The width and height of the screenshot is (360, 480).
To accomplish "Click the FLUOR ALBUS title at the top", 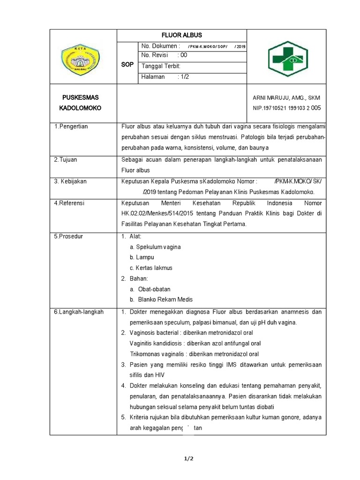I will point(181,36).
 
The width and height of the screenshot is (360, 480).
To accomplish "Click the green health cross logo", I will point(286,57).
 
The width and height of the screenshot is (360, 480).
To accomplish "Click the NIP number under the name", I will point(286,108).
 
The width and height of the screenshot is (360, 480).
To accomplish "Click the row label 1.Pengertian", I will point(71,127).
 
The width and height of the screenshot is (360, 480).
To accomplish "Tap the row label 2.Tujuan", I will point(65,160).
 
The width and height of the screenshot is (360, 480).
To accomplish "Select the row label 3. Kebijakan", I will point(70,181).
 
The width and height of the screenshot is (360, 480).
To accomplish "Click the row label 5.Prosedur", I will point(68,236).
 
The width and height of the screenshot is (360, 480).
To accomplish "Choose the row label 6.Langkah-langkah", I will point(79,312).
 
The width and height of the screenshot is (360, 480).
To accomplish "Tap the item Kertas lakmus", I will point(151,268).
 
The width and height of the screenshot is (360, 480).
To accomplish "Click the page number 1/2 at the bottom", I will point(188,459).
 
